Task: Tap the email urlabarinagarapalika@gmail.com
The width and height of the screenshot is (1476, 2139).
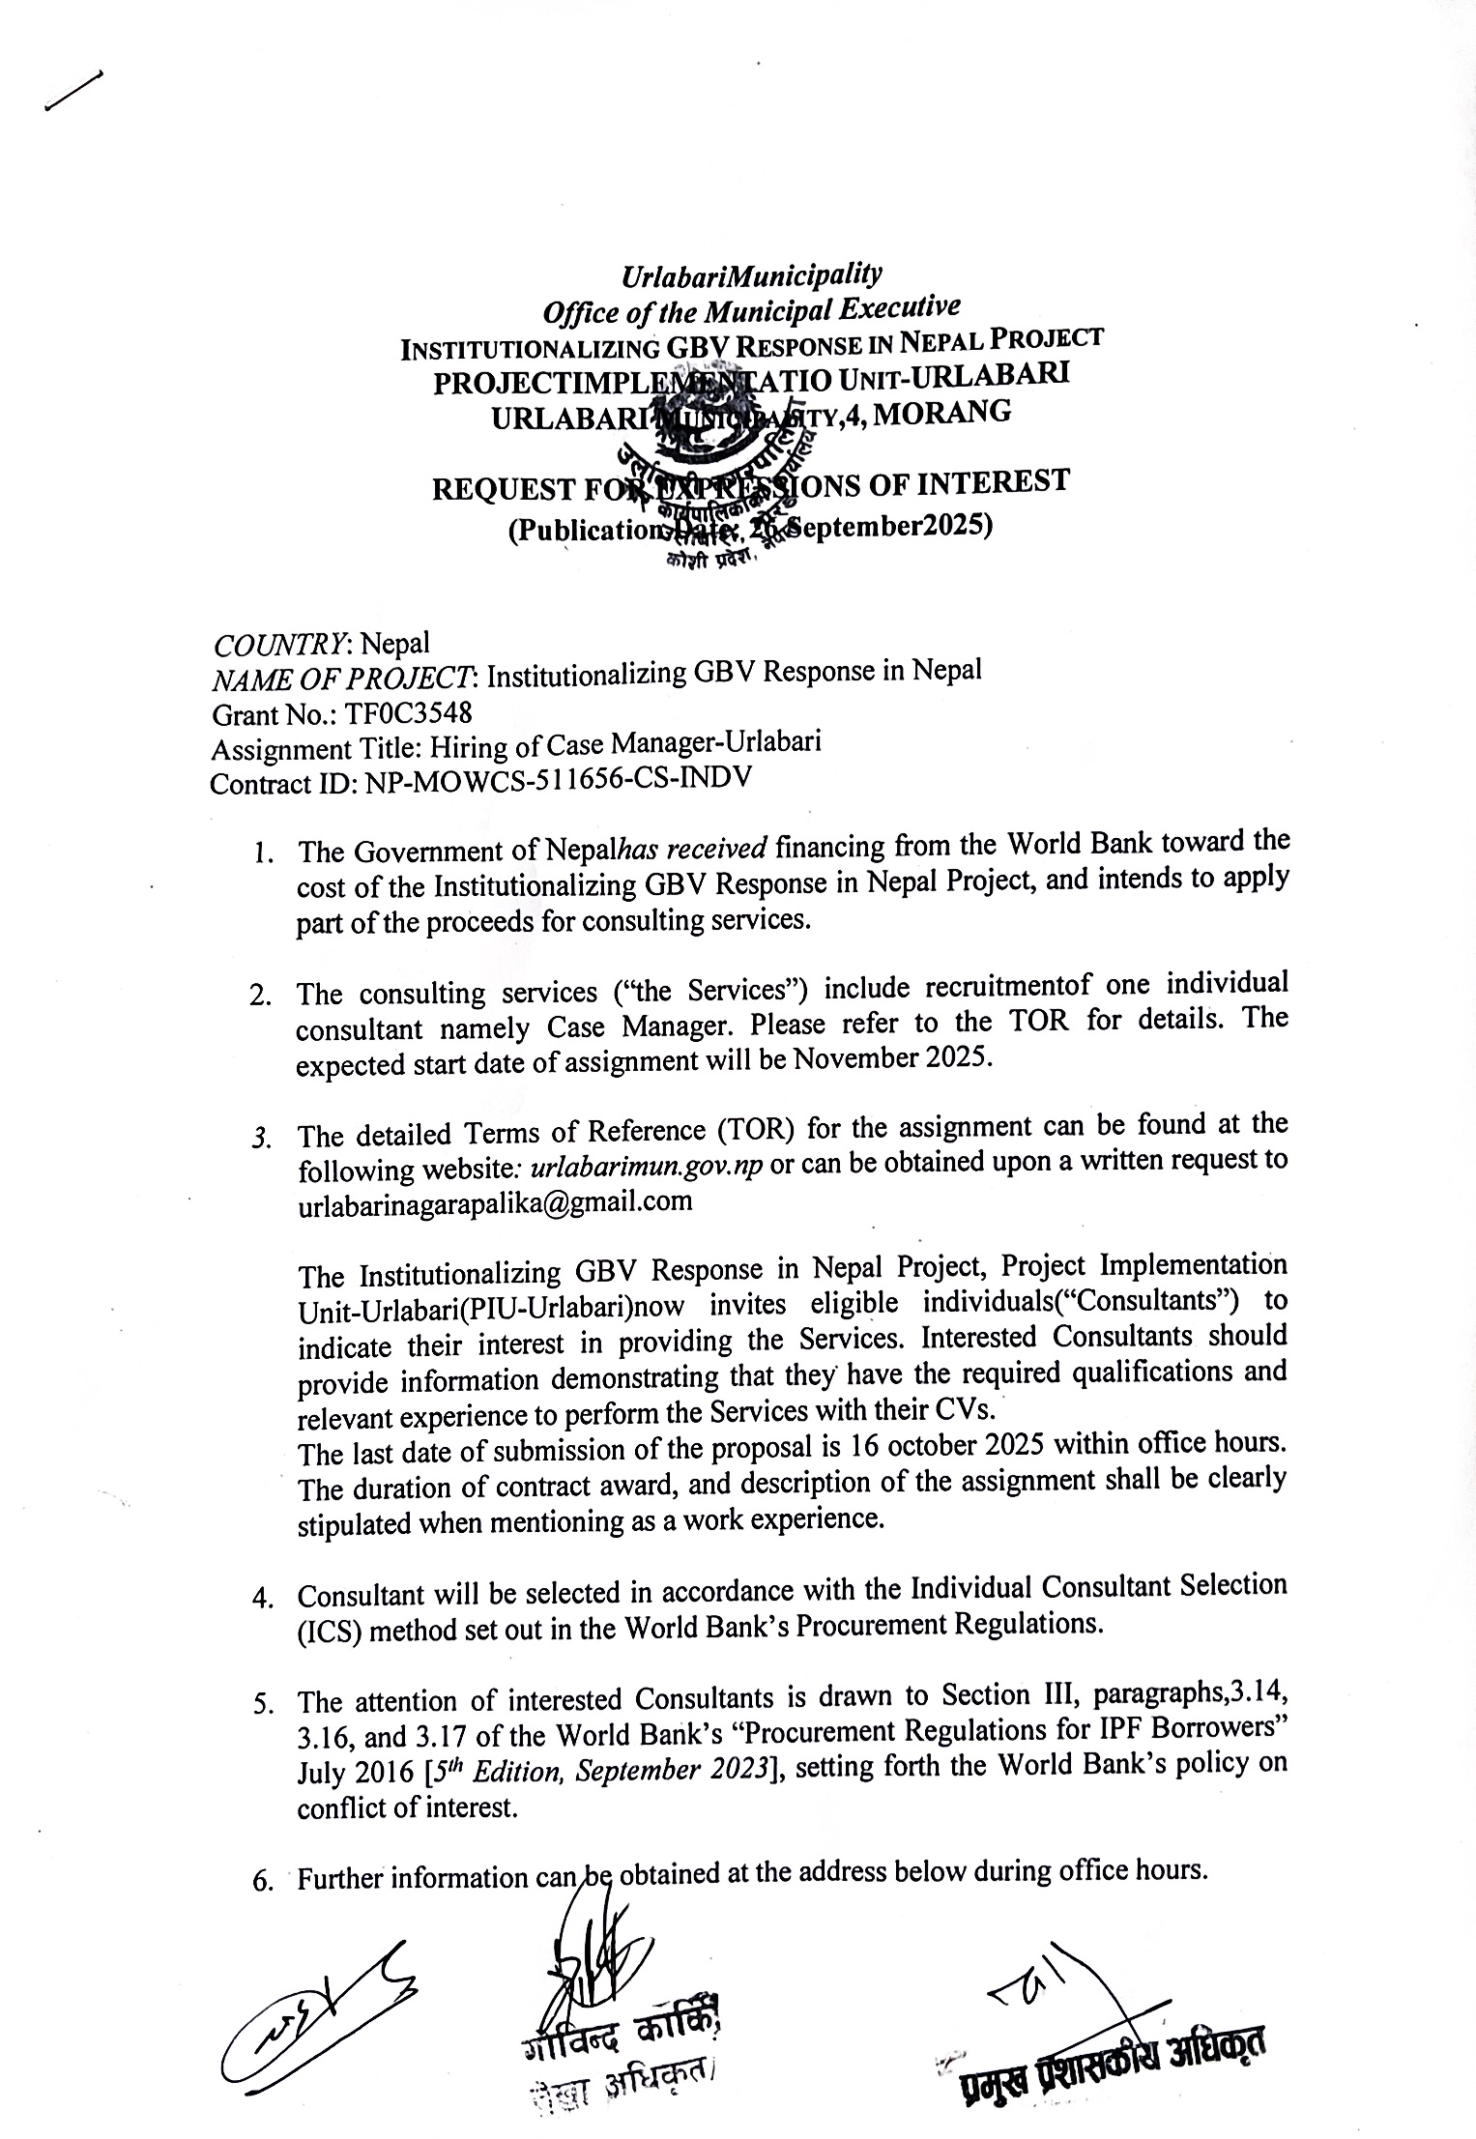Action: [495, 1201]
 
